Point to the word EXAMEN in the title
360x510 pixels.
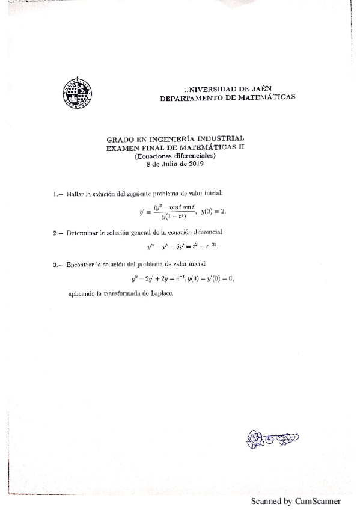pos(121,147)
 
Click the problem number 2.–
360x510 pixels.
pos(57,232)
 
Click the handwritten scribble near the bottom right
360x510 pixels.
pos(272,438)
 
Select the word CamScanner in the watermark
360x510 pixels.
pos(317,500)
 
